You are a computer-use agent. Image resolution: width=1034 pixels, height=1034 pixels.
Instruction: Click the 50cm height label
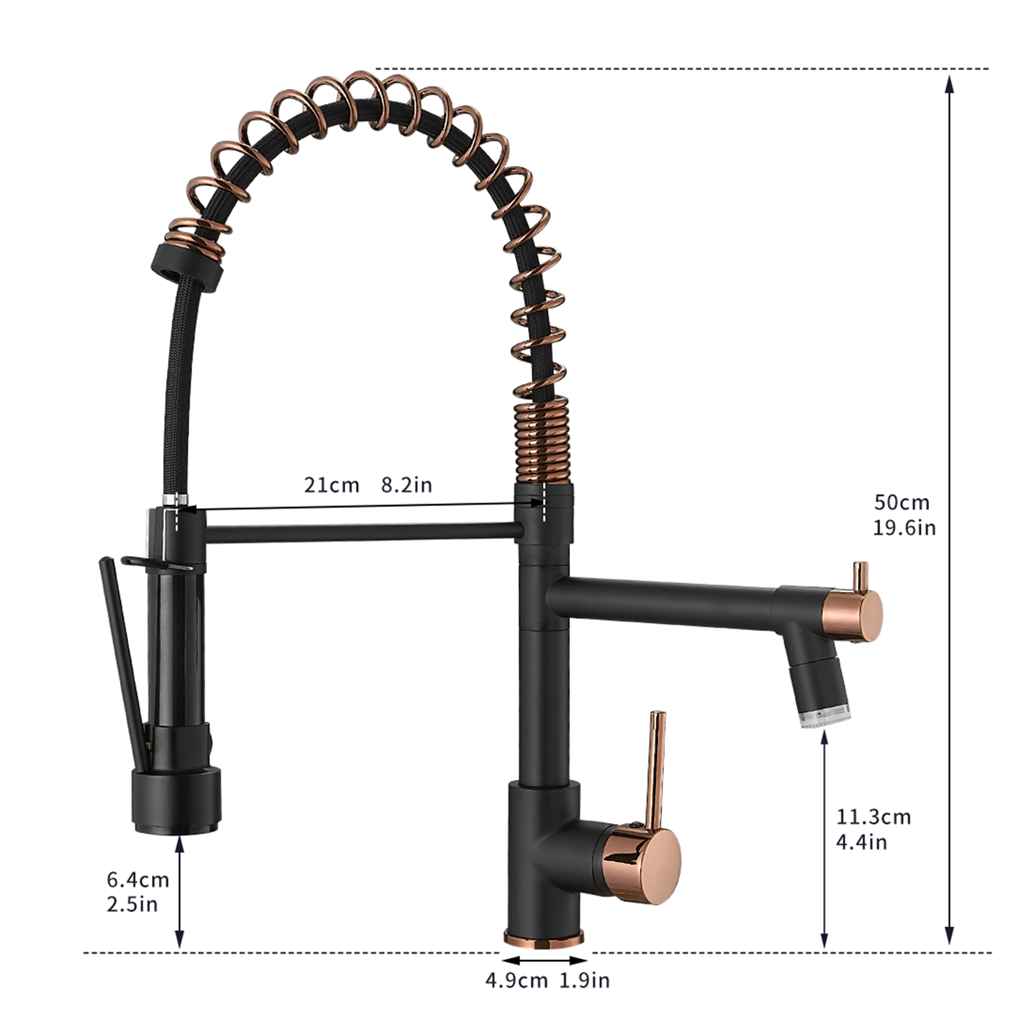[x=902, y=503]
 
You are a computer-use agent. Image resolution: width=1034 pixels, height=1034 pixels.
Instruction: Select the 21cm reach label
[x=331, y=485]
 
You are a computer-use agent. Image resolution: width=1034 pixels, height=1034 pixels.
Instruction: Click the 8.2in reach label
[x=406, y=485]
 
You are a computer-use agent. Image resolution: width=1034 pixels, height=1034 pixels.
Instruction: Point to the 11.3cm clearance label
[x=873, y=817]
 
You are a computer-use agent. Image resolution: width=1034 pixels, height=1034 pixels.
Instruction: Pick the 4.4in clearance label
[x=862, y=842]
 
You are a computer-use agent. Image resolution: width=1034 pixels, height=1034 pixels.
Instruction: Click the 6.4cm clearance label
[x=138, y=879]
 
